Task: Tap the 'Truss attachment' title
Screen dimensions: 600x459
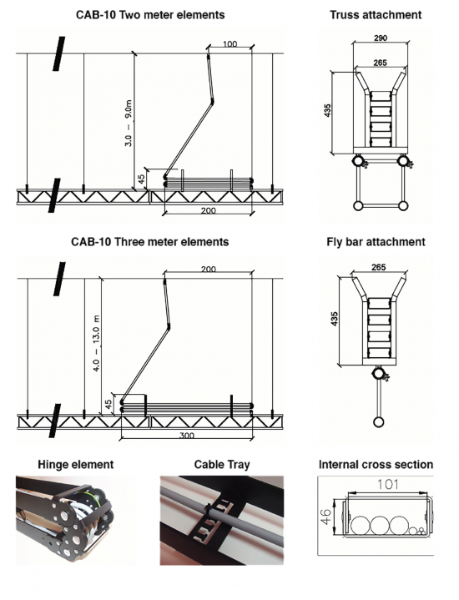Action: pyautogui.click(x=376, y=15)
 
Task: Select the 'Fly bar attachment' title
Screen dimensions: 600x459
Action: pyautogui.click(x=376, y=242)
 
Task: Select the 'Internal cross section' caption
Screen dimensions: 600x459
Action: pyautogui.click(x=376, y=464)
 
